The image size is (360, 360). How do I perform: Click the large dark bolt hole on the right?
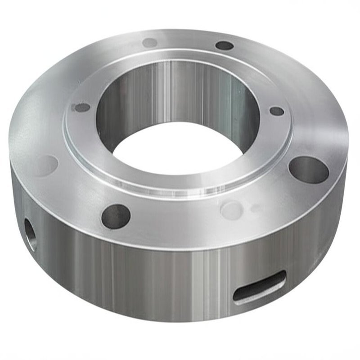(308, 170)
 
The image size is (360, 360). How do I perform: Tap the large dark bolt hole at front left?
(116, 215)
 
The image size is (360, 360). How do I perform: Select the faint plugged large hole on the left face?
(46, 165)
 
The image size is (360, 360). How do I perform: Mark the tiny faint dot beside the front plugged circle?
(255, 208)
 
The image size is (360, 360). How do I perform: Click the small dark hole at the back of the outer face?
(224, 45)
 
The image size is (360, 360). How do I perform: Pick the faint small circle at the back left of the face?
(150, 43)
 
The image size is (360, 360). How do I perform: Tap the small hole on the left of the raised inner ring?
(82, 108)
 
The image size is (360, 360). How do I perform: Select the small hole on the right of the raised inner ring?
(277, 111)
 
